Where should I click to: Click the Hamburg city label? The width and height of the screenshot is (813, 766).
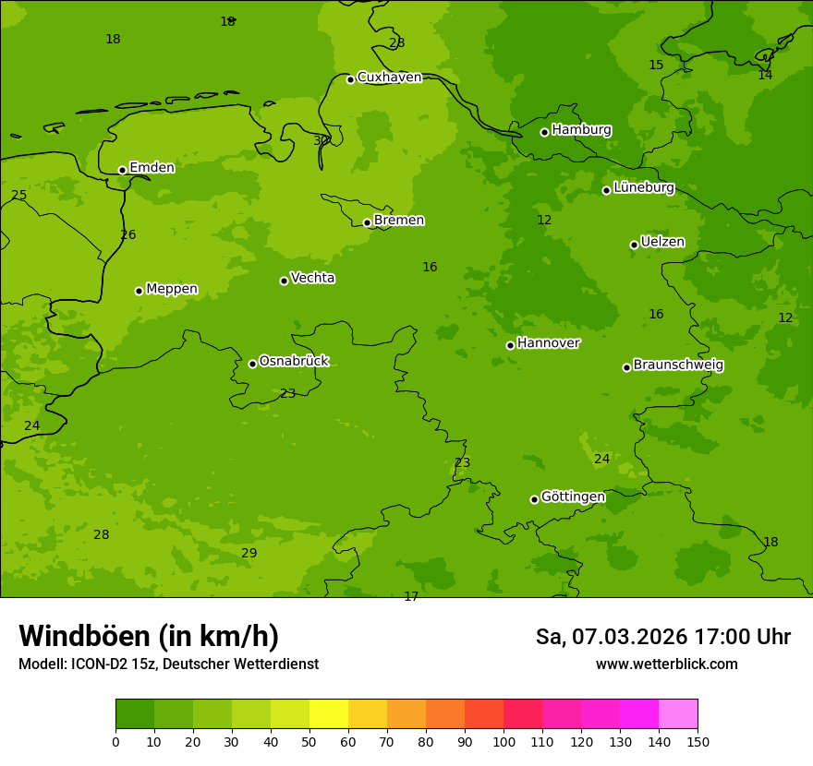tap(581, 130)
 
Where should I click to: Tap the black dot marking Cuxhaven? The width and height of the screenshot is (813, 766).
tap(350, 79)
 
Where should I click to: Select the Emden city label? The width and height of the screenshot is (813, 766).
tap(152, 168)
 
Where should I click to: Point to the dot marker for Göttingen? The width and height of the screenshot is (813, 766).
tap(534, 499)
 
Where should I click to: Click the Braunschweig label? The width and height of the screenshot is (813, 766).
tap(678, 365)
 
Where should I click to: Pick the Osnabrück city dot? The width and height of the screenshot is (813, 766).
tap(252, 364)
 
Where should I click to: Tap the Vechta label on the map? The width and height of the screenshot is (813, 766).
tap(312, 278)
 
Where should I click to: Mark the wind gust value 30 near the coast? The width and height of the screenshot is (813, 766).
tap(321, 140)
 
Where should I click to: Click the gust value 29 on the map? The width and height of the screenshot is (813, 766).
tap(249, 553)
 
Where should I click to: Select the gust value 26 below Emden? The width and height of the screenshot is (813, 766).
tap(127, 234)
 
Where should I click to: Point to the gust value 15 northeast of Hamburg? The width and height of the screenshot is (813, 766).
tap(656, 65)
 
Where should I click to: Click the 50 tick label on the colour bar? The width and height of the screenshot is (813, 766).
tap(309, 741)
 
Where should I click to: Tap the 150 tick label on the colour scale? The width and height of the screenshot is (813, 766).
tap(698, 741)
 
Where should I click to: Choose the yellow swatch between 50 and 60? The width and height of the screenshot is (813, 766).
tap(329, 714)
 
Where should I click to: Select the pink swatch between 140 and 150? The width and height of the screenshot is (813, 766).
tap(678, 714)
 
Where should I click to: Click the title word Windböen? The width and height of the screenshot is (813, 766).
tap(83, 636)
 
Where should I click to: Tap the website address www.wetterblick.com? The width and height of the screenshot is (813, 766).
tap(666, 664)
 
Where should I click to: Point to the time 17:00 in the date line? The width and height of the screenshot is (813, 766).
tap(722, 637)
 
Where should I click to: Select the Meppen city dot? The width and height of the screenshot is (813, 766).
tap(139, 291)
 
